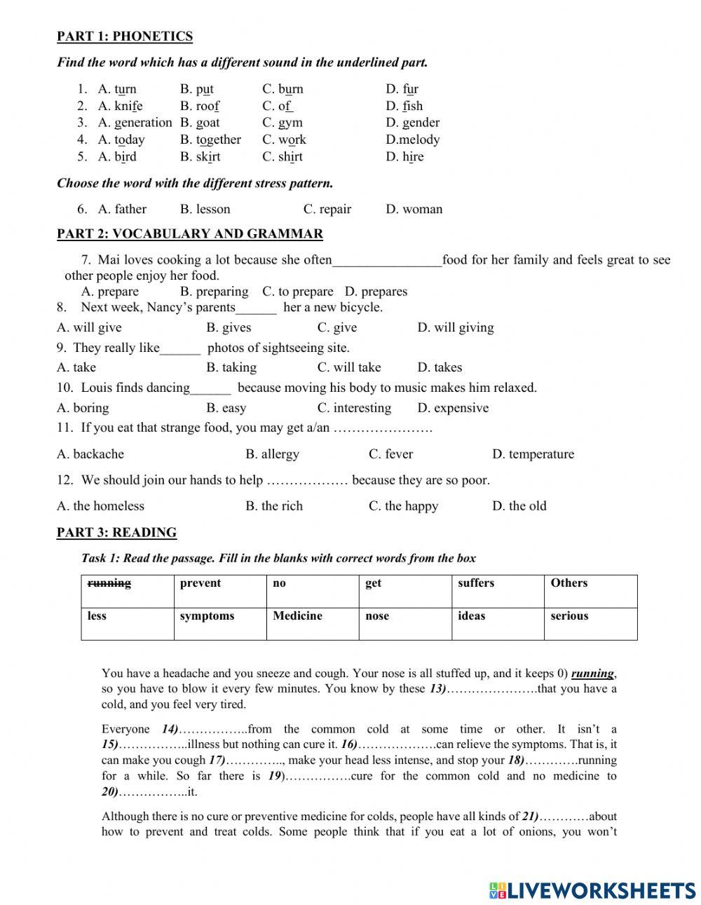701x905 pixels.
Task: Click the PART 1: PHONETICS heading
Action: (x=124, y=36)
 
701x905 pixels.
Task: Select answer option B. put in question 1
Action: (x=196, y=89)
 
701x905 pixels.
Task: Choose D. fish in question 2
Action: (x=404, y=106)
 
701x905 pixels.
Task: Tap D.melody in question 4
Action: (x=412, y=140)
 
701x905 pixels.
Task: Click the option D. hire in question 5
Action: (x=404, y=156)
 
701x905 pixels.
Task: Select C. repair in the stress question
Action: (x=327, y=209)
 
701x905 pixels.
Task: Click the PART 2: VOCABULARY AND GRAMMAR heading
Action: (x=189, y=234)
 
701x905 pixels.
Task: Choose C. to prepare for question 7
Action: (x=297, y=292)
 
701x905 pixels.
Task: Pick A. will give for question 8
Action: (x=89, y=327)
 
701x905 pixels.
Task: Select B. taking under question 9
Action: (x=231, y=367)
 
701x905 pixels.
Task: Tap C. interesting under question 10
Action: (x=354, y=408)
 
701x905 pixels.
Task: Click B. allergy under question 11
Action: (x=272, y=454)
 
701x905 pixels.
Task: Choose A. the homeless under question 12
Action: (x=100, y=506)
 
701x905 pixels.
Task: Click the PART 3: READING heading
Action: (x=116, y=533)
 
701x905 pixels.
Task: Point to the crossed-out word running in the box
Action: (x=109, y=583)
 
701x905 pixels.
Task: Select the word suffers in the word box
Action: (x=476, y=583)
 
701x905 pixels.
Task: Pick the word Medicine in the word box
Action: (x=297, y=616)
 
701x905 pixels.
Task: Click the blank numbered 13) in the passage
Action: (x=491, y=689)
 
